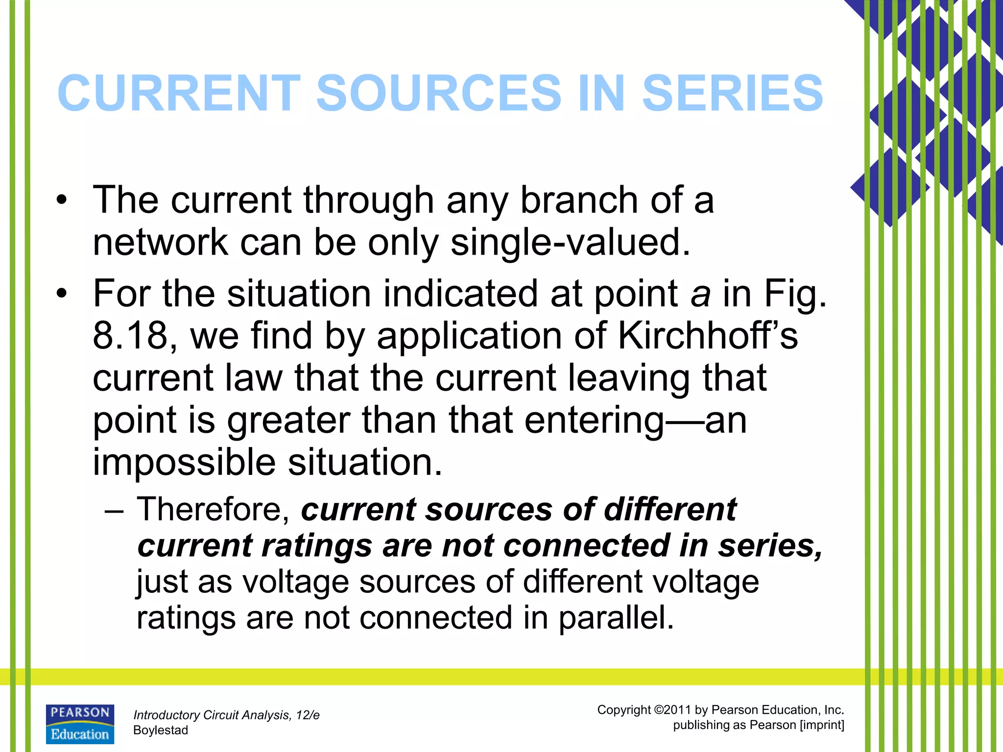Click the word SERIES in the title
(x=733, y=93)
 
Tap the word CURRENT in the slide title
(x=179, y=93)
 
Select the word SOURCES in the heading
(x=439, y=93)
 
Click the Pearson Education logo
(x=80, y=724)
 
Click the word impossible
(x=184, y=462)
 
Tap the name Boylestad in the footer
(x=161, y=730)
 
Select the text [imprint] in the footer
(x=821, y=725)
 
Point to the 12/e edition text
(x=308, y=715)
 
